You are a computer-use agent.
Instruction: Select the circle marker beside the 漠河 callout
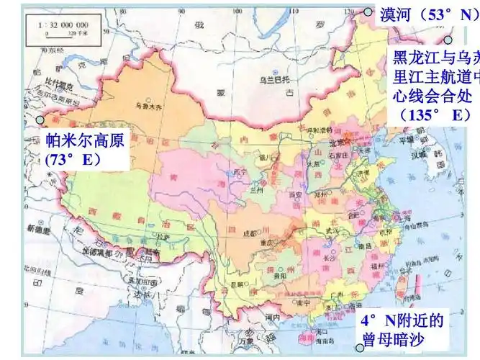click(368, 12)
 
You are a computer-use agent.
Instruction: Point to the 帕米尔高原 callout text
click(85, 140)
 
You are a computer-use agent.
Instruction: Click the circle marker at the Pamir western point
click(40, 120)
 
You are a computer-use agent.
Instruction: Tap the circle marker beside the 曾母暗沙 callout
click(360, 348)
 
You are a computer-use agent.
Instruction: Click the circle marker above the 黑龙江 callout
click(448, 41)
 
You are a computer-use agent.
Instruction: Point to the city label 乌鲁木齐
click(149, 106)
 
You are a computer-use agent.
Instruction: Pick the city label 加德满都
click(101, 253)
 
